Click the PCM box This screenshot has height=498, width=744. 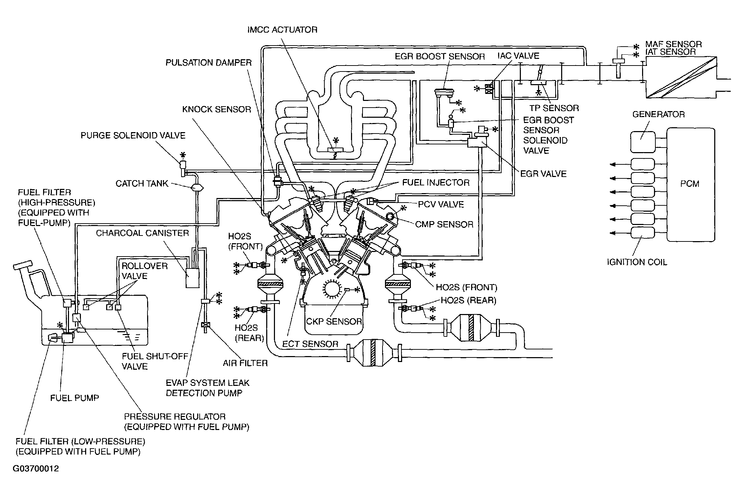690,185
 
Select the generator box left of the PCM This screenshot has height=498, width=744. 643,142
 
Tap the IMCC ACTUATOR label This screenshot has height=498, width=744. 282,30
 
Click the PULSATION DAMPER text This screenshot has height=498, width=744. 209,63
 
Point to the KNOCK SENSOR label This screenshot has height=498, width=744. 217,109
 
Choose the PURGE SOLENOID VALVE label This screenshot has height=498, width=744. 133,136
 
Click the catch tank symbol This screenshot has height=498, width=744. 198,188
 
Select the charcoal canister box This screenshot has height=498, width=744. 192,278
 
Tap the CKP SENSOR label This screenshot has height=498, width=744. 334,321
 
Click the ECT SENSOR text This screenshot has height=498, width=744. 310,344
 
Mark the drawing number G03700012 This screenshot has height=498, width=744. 36,469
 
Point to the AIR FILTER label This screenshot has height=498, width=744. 245,363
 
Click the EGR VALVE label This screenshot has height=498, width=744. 543,174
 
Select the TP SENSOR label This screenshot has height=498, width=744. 554,108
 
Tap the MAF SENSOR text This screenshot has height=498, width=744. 674,45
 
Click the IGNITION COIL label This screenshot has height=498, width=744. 637,262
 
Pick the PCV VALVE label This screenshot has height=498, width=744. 441,204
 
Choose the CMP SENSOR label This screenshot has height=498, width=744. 444,224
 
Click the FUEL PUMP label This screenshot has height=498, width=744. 75,398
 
